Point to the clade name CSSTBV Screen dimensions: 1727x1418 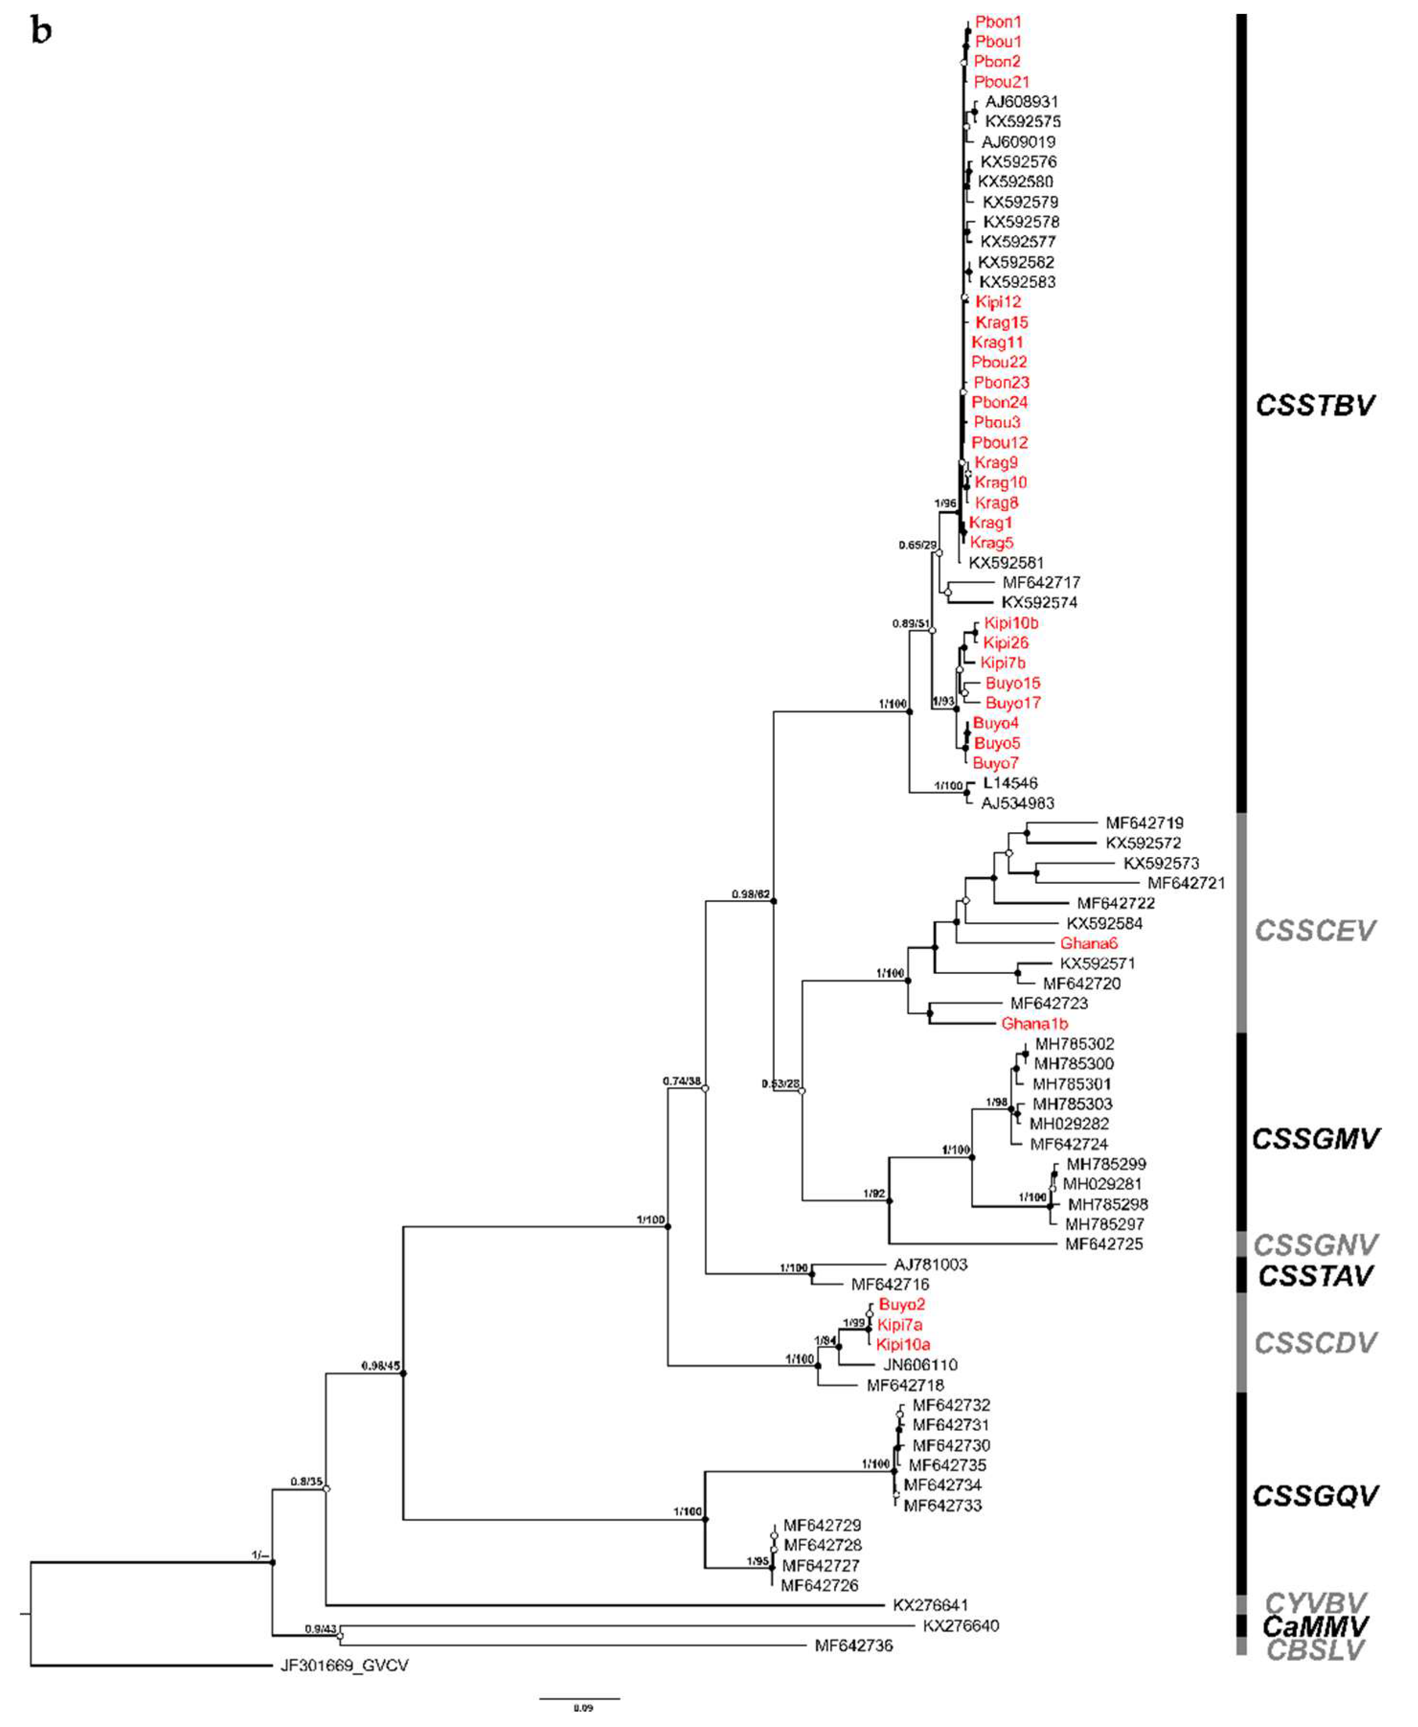[x=1314, y=405]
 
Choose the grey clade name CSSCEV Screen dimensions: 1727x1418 [x=1314, y=930]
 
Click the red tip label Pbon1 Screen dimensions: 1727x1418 [x=998, y=22]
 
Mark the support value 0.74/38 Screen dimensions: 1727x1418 [x=681, y=1082]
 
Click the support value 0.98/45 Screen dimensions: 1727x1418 [x=381, y=1366]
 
